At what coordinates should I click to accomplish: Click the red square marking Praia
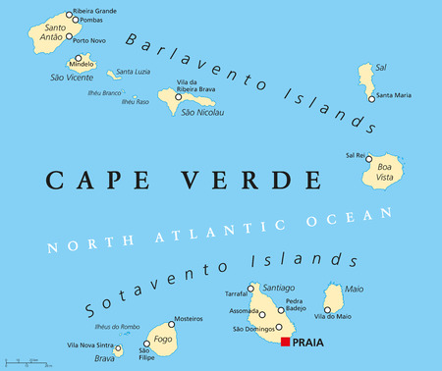(x=286, y=342)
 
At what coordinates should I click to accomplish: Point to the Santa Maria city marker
(x=370, y=96)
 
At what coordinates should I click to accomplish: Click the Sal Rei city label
(x=355, y=155)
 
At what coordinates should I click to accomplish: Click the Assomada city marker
(x=262, y=314)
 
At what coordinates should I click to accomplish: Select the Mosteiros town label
(x=187, y=320)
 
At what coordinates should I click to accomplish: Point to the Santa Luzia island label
(x=134, y=72)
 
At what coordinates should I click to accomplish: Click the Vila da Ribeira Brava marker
(x=178, y=97)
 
